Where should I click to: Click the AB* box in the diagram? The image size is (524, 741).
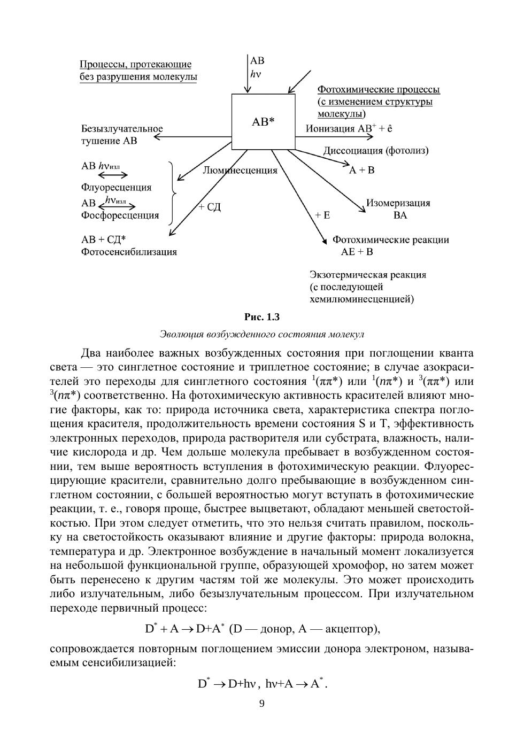(263, 122)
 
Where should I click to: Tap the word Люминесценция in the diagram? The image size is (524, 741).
(240, 171)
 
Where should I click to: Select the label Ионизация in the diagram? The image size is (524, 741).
(330, 129)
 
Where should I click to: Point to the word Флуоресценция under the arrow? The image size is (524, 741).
(116, 188)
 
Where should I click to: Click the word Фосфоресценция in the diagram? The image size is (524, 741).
(120, 215)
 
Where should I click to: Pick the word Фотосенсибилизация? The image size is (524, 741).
(129, 252)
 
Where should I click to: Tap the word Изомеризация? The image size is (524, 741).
(398, 203)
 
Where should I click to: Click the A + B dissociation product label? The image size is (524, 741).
(362, 171)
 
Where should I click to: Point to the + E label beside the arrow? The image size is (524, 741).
(322, 215)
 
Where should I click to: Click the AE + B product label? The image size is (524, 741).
(357, 252)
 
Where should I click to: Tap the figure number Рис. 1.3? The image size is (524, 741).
(262, 317)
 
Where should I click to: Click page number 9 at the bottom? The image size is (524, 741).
(261, 704)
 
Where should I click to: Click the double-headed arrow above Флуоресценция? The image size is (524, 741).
(113, 175)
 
